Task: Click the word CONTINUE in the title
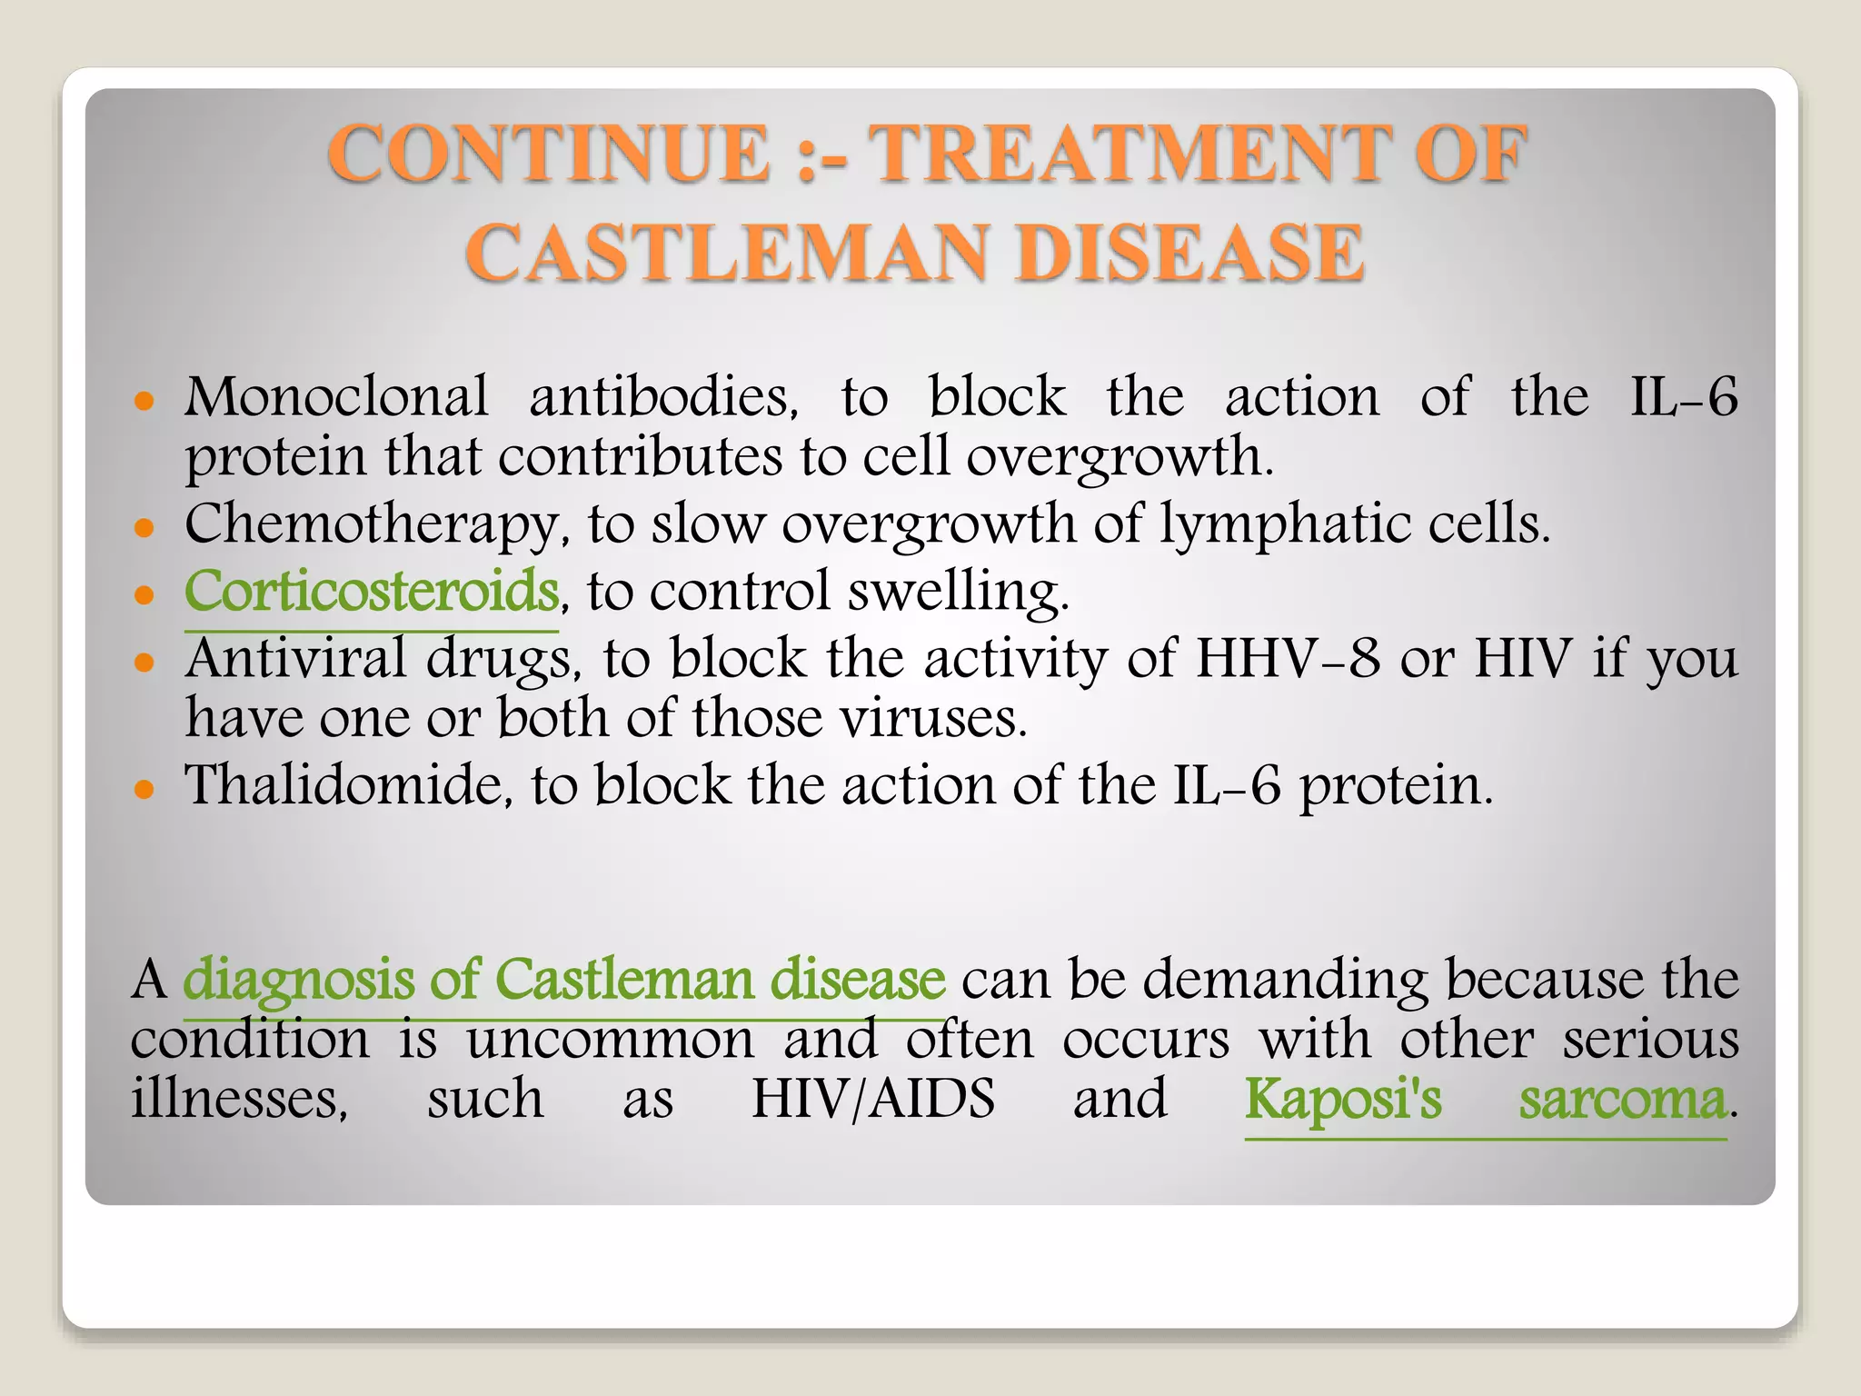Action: (549, 155)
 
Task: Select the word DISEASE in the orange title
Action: (1189, 254)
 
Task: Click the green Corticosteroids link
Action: (371, 592)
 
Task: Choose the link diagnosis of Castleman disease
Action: (563, 981)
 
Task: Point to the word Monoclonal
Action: (336, 398)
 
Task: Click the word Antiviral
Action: (295, 658)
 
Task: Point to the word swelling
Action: (958, 592)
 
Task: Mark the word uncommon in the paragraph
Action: (610, 1040)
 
